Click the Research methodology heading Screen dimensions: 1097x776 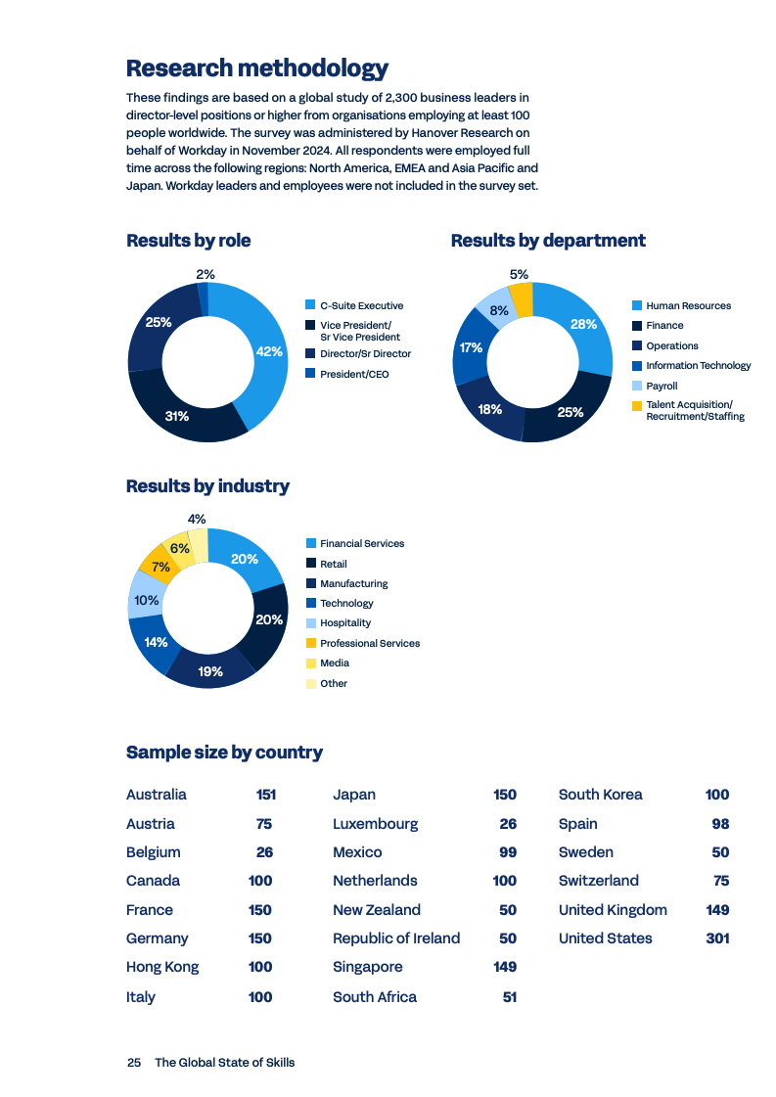[x=257, y=69]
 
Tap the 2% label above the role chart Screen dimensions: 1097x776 [x=205, y=275]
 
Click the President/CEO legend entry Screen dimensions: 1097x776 [x=353, y=374]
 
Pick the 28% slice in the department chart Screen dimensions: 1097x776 [x=583, y=325]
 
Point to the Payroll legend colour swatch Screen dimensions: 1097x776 [x=636, y=386]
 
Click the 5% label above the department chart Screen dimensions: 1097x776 [x=519, y=275]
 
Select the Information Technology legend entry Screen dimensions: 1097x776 [x=698, y=366]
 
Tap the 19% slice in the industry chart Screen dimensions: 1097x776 [x=210, y=671]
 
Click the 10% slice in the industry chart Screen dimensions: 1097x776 [x=147, y=600]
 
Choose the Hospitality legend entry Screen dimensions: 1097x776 [x=344, y=623]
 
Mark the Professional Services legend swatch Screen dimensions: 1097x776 [x=311, y=643]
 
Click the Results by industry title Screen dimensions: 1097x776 [x=207, y=486]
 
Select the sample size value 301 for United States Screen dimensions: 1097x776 [x=717, y=938]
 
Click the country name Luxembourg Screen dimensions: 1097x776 [x=375, y=824]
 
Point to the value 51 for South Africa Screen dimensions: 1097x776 [x=509, y=997]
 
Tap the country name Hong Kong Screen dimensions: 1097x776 [x=162, y=967]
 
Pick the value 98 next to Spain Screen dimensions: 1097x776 [x=720, y=824]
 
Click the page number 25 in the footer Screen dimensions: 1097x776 [x=134, y=1063]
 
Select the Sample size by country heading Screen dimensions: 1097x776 [x=224, y=753]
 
